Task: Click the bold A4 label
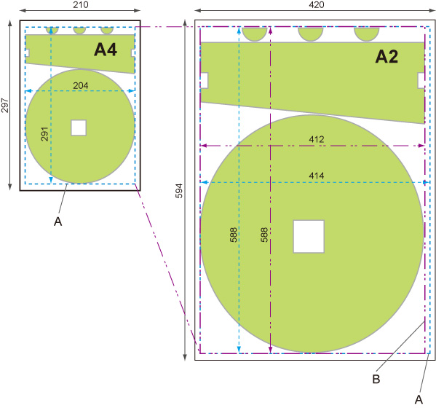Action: tap(106, 50)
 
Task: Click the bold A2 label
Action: tap(387, 57)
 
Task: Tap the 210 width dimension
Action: tap(81, 4)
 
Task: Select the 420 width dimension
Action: tap(317, 4)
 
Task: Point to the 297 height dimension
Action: tap(5, 105)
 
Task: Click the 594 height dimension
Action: tap(179, 191)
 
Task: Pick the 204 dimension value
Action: tap(81, 85)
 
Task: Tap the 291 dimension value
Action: tap(45, 134)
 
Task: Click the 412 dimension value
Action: tap(317, 139)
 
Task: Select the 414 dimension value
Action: tap(317, 176)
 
